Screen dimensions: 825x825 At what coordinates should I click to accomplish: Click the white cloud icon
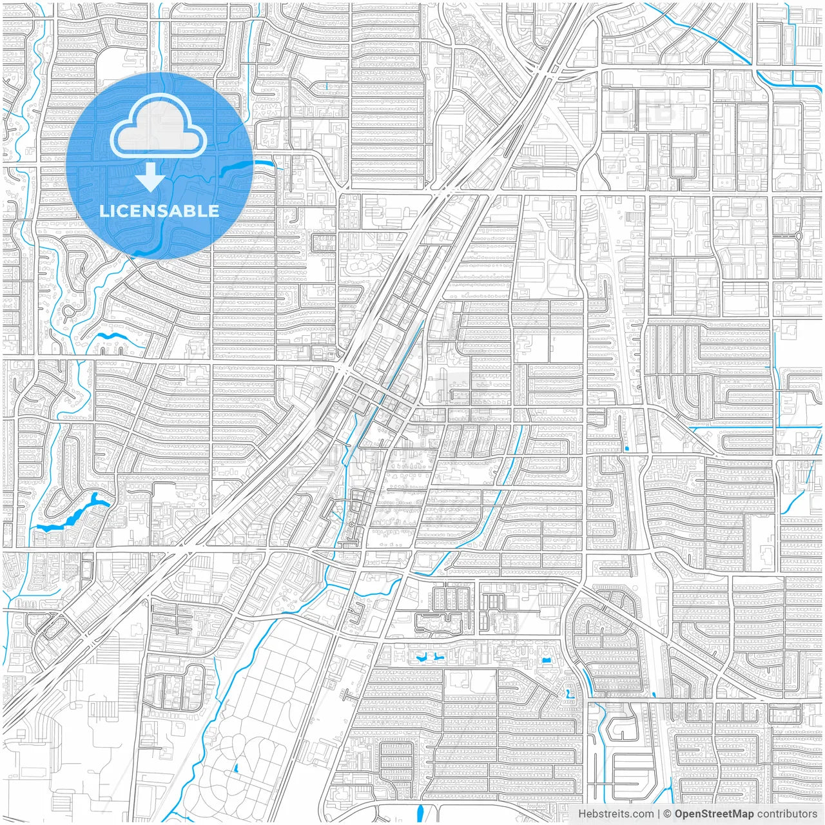[x=159, y=128]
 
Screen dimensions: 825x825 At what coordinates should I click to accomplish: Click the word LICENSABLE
[x=159, y=211]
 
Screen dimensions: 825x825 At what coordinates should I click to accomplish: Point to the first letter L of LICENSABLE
[x=104, y=211]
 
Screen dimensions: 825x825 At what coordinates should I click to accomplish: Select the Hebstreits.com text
[x=616, y=814]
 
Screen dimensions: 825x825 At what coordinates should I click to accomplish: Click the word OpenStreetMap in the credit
[x=713, y=814]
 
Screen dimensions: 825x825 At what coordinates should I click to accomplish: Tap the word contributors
[x=787, y=814]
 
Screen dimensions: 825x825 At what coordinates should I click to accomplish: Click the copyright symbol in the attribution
[x=667, y=814]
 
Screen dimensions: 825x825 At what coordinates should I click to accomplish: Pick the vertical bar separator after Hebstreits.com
[x=659, y=814]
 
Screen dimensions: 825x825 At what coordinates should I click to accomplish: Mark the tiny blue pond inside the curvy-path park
[x=236, y=768]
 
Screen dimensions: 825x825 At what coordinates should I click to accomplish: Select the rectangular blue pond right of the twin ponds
[x=547, y=661]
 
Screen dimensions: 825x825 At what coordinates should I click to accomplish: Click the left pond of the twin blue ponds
[x=423, y=659]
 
